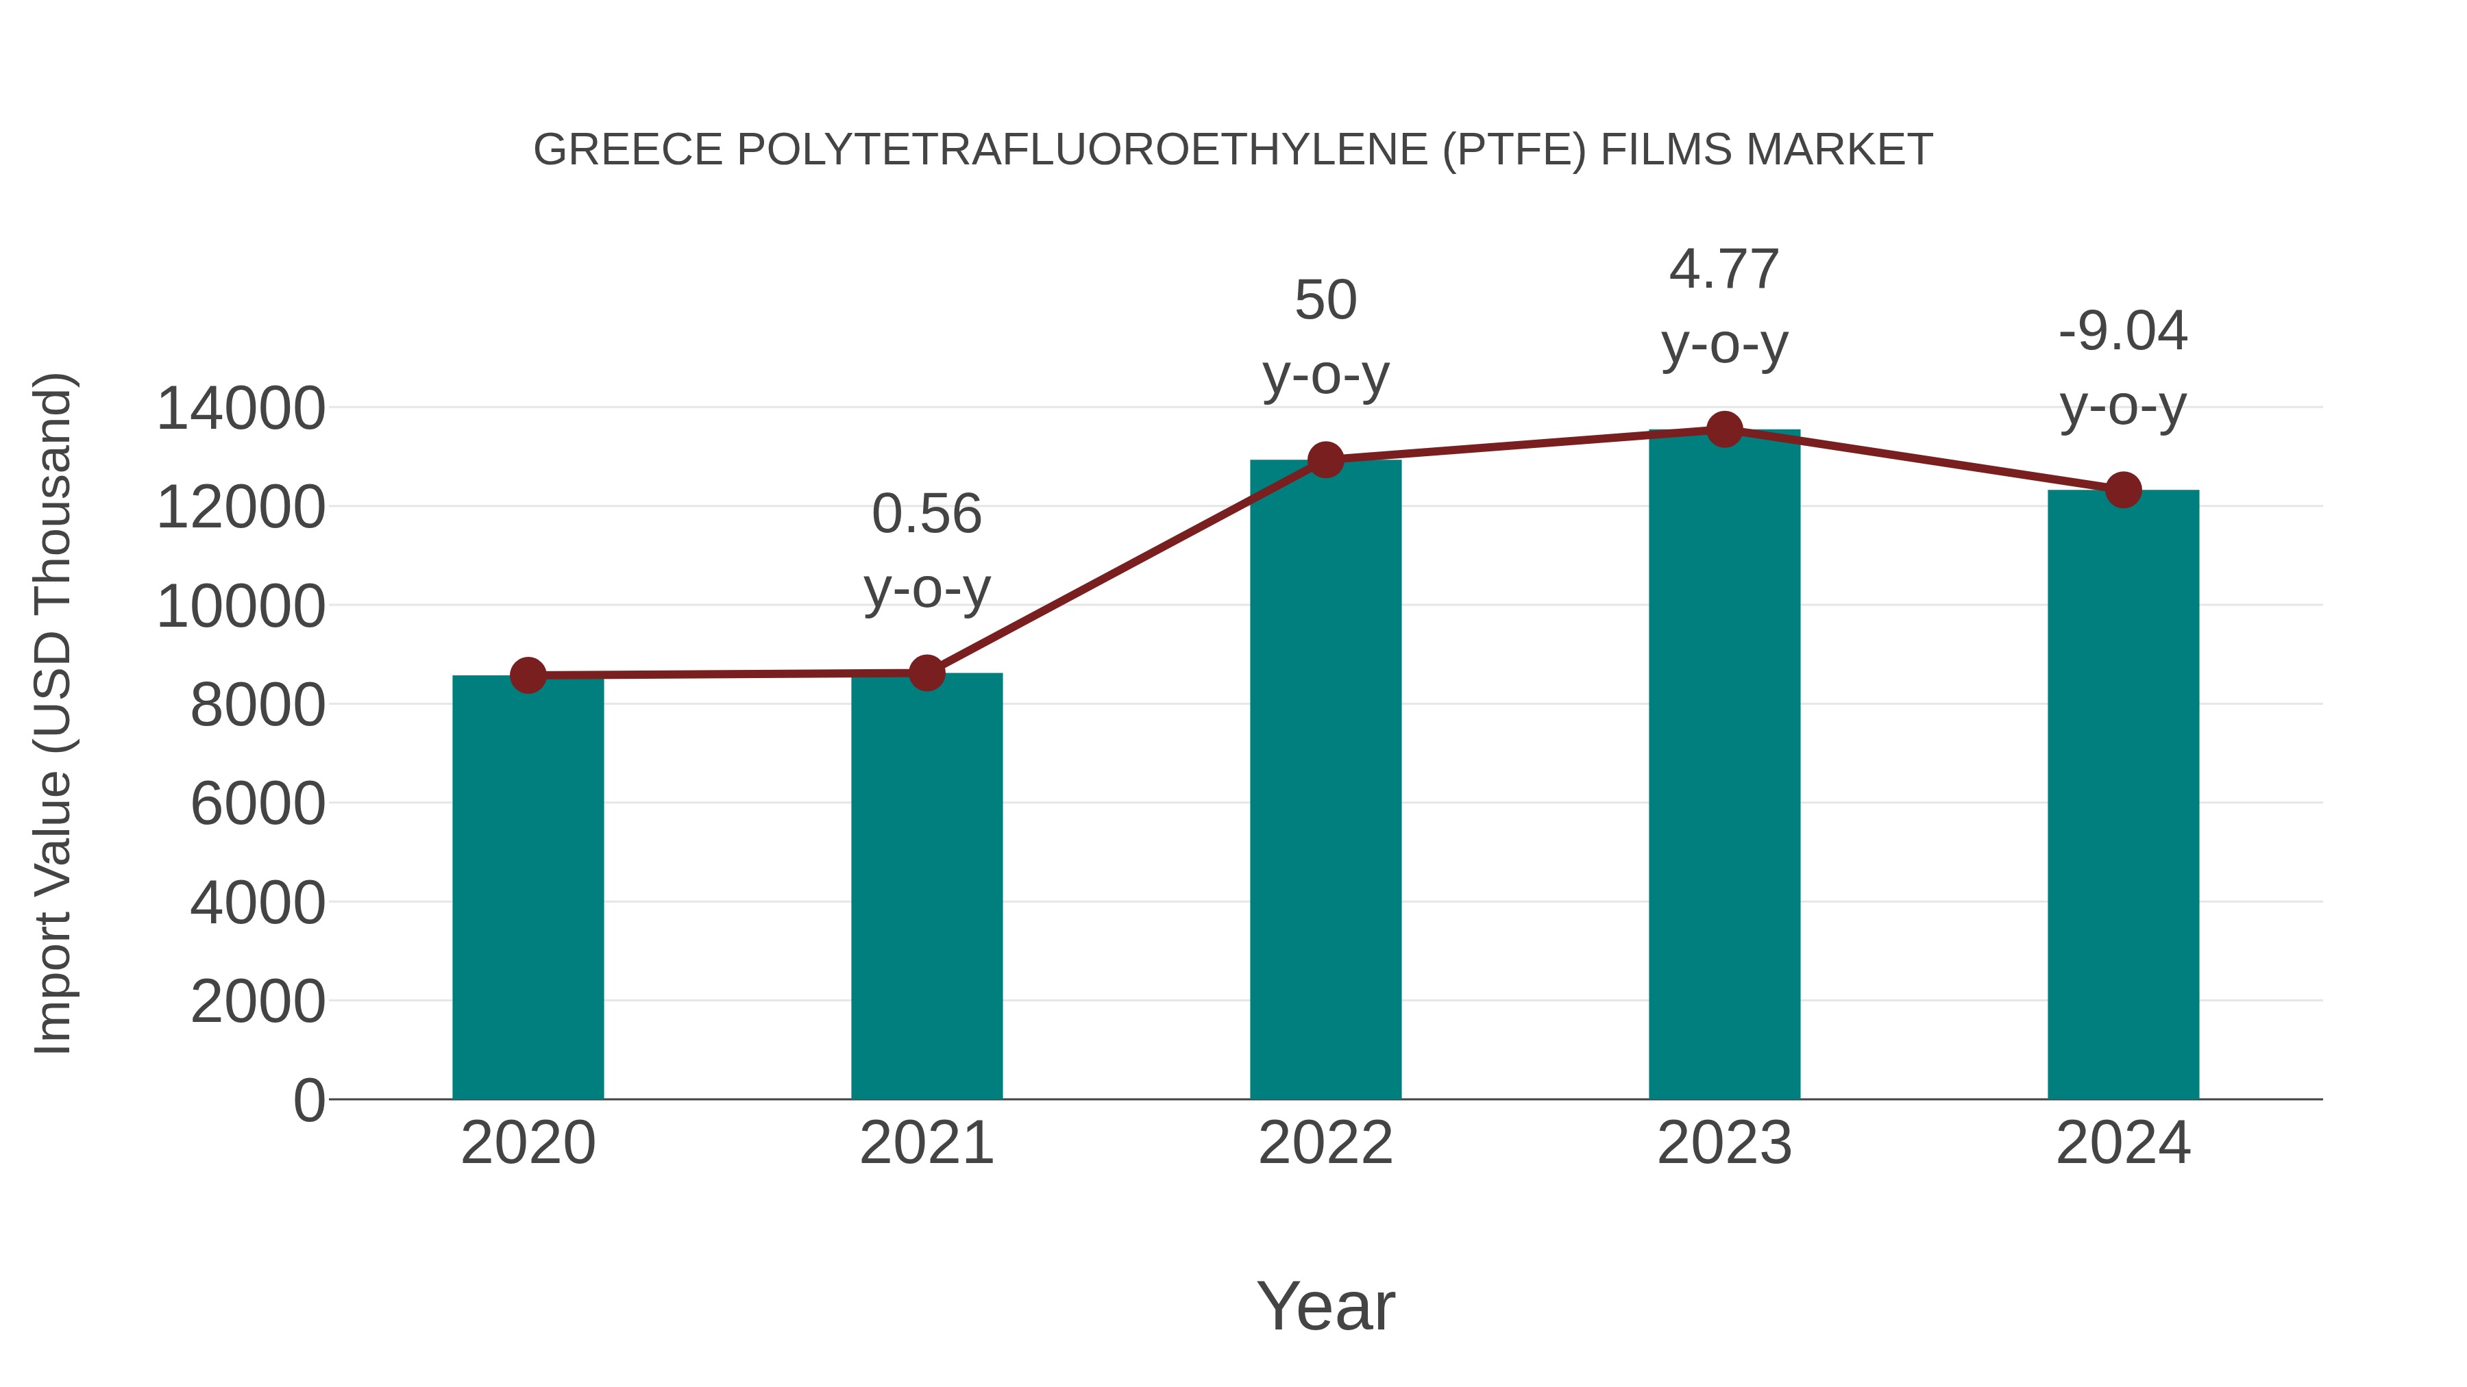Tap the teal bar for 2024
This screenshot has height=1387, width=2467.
coord(2123,795)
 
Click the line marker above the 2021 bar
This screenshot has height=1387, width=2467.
coord(926,673)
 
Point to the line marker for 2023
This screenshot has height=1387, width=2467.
coord(1724,429)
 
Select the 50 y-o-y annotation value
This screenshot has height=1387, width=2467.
coord(1325,301)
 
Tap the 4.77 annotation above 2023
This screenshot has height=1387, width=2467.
coord(1724,269)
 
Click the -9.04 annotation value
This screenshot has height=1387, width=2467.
coord(2123,332)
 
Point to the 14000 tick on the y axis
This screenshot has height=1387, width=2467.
coord(241,409)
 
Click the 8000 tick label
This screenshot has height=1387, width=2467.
coord(258,705)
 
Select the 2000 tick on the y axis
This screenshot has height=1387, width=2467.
coord(258,1002)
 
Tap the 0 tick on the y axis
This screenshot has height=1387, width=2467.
coord(308,1101)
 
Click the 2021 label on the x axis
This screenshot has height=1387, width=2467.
coord(926,1143)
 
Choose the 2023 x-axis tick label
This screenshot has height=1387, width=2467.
coord(1724,1143)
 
